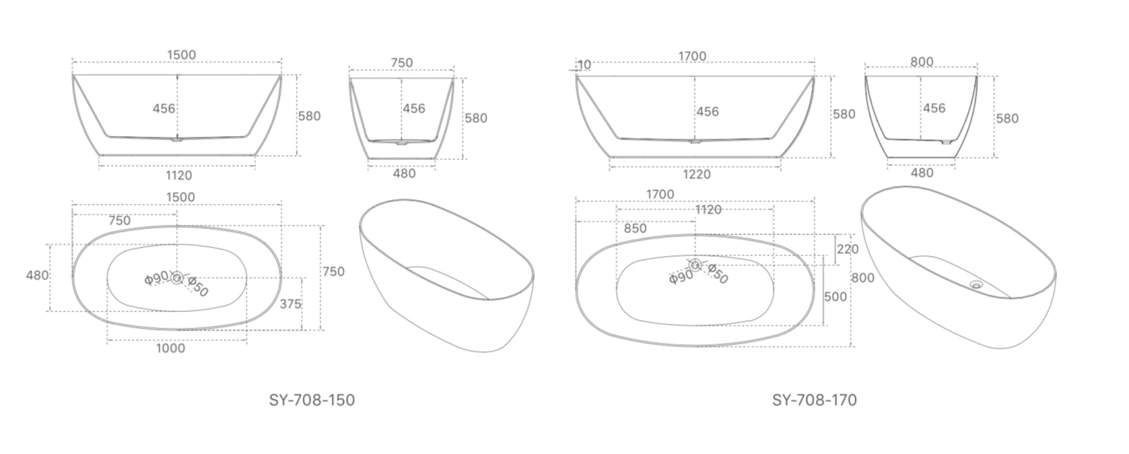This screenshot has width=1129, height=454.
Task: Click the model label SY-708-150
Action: click(312, 400)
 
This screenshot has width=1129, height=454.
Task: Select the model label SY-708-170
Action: click(814, 400)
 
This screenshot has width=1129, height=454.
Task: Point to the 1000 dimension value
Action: click(172, 349)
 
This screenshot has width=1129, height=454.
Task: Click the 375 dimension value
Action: click(290, 304)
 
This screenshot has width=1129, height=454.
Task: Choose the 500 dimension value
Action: click(835, 297)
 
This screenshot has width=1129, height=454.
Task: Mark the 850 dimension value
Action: click(634, 228)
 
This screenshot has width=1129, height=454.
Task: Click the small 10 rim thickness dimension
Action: click(584, 66)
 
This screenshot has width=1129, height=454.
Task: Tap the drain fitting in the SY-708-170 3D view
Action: click(977, 285)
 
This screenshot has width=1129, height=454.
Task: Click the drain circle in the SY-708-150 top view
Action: click(177, 278)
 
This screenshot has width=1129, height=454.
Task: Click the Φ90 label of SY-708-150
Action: click(157, 279)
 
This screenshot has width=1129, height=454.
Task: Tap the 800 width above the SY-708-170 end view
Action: click(921, 62)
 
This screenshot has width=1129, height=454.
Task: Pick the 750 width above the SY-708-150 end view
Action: click(402, 62)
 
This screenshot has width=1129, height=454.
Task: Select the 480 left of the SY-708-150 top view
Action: click(37, 276)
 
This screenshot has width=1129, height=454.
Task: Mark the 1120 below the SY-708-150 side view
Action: click(178, 175)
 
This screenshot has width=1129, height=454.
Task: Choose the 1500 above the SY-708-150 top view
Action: click(180, 197)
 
